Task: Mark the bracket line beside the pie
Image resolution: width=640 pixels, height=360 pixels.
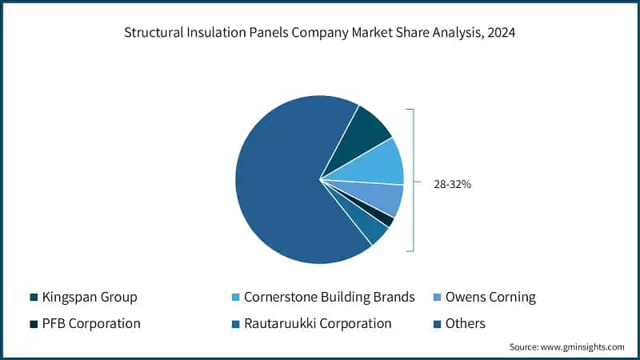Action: (413, 180)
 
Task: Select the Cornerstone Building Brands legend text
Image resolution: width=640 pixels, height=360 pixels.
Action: (330, 298)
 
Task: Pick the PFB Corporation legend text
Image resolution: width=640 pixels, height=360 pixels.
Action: (91, 324)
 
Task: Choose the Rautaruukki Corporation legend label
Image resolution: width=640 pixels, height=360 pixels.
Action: (318, 324)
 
